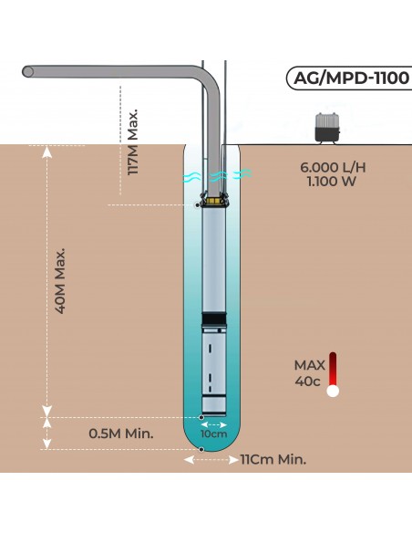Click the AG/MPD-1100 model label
[x=347, y=78]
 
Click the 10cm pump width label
[x=214, y=435]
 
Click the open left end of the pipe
[x=28, y=72]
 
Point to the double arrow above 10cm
[x=214, y=424]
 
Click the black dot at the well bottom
[x=201, y=450]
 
